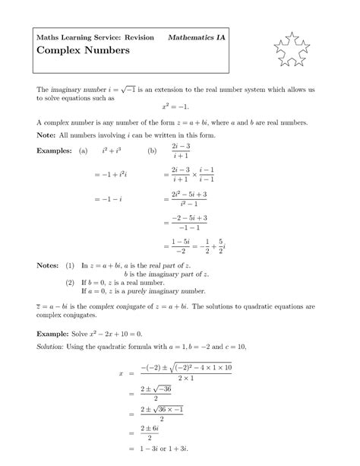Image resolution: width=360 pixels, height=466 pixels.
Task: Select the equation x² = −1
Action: pyautogui.click(x=179, y=107)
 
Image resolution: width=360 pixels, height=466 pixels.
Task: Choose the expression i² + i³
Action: pyautogui.click(x=112, y=151)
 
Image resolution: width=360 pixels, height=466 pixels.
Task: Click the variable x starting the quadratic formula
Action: pyautogui.click(x=121, y=372)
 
